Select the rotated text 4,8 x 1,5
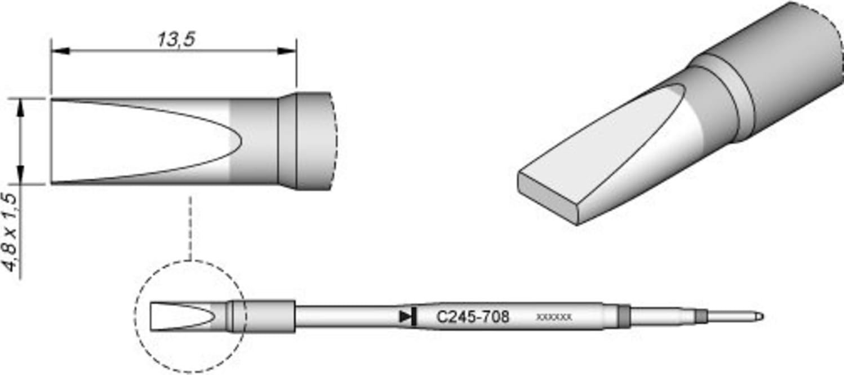tap(12, 232)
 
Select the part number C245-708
tap(473, 317)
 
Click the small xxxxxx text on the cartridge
tap(553, 317)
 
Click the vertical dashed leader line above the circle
tap(191, 228)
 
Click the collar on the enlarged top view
tap(287, 141)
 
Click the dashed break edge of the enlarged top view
tap(336, 141)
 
